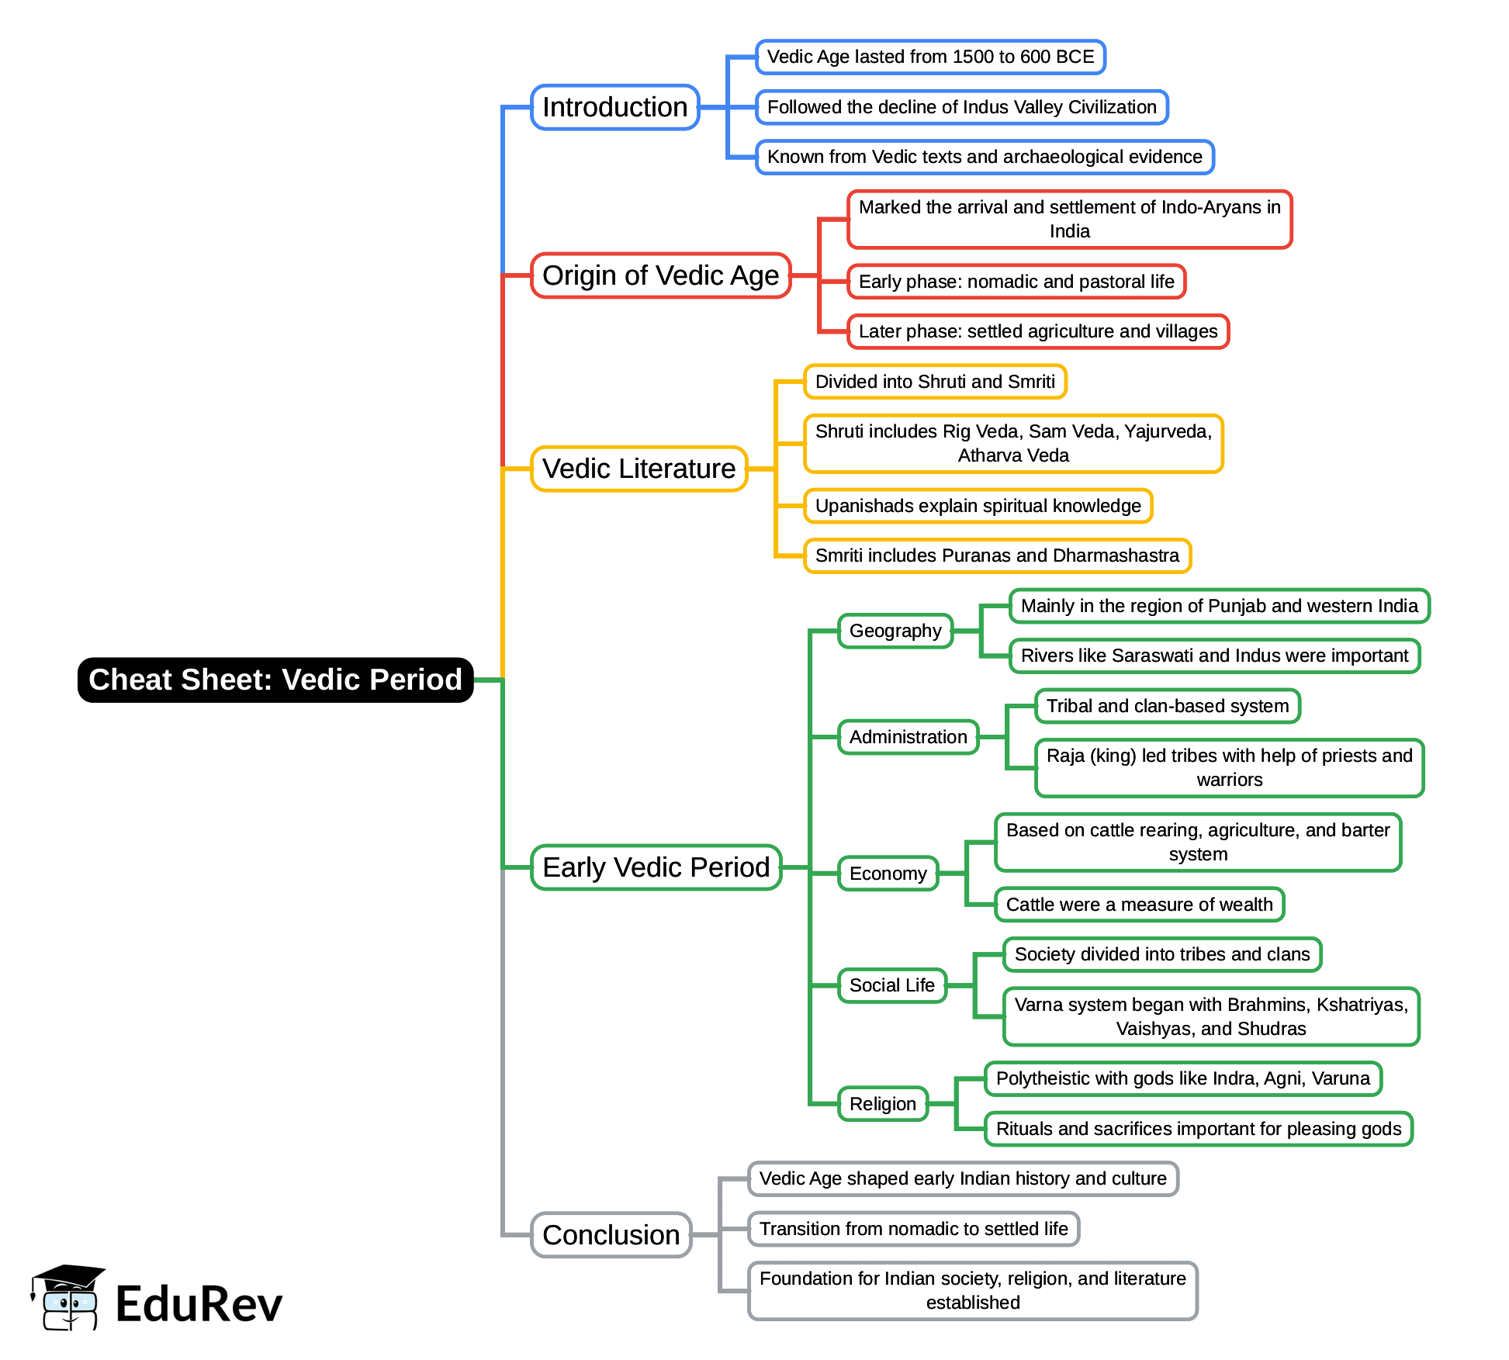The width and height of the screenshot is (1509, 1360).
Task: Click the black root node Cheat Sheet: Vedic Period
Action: [275, 680]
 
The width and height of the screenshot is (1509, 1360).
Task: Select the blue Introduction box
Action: [614, 107]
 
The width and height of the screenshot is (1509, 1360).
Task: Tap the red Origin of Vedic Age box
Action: [660, 275]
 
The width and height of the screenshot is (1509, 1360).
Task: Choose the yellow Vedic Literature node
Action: [639, 469]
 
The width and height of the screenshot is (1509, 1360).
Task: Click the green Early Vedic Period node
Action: [656, 867]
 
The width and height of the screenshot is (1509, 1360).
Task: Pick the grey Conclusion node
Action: [611, 1234]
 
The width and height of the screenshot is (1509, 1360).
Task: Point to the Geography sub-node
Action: [895, 631]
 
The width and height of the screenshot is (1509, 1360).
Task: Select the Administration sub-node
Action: [908, 737]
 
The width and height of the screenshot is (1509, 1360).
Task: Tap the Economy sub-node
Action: [888, 874]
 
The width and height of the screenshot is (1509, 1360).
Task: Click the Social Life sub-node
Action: [891, 985]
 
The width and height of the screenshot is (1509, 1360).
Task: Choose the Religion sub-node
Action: [882, 1104]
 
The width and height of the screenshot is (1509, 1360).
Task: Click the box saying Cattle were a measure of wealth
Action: [1139, 905]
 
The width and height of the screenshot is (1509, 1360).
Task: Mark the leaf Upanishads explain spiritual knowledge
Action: [978, 506]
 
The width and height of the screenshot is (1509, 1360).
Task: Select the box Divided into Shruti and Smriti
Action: [935, 382]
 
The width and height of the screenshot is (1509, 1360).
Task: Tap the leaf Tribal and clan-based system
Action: [1167, 706]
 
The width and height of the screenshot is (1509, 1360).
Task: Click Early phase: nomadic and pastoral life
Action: [1016, 282]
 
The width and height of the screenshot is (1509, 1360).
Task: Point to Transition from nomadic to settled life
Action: [913, 1229]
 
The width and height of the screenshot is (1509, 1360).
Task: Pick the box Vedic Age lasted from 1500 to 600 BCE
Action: [930, 57]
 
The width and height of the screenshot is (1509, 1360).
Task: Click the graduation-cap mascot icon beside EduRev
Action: [67, 1297]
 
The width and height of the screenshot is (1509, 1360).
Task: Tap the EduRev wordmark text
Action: [199, 1304]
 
